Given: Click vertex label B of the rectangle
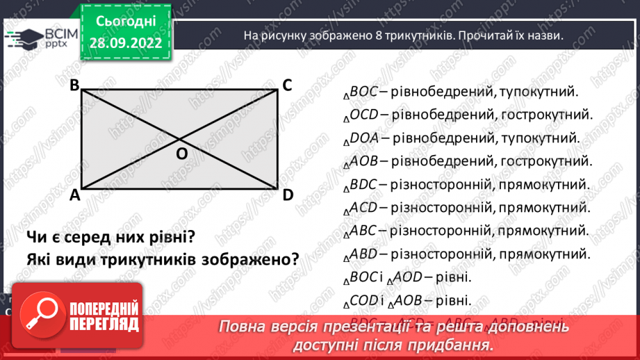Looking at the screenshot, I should [x=74, y=85].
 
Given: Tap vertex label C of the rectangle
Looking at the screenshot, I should [x=287, y=85].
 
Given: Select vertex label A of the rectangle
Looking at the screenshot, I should [x=74, y=196].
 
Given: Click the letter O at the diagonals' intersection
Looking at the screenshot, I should [x=181, y=154].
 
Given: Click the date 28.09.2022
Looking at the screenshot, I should [x=126, y=43].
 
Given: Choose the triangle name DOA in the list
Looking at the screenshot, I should [x=364, y=138].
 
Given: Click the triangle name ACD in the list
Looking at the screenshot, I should [x=363, y=207].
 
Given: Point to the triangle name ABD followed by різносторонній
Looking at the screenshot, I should [x=363, y=254].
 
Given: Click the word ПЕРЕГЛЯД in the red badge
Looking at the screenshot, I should [x=104, y=324].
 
